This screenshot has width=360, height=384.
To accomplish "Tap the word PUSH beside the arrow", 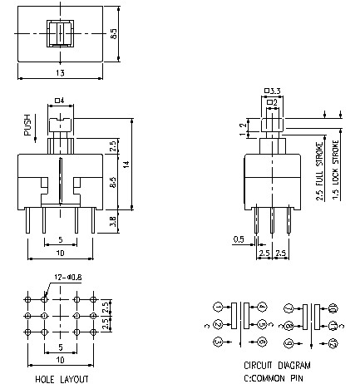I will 27,125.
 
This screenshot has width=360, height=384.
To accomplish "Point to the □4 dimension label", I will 60,101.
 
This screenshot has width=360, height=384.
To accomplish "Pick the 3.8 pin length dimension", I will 112,223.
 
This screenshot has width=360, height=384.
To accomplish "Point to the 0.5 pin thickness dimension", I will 238,240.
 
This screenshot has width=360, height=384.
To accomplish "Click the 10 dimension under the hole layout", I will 62,360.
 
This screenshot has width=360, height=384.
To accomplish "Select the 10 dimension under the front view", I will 60,251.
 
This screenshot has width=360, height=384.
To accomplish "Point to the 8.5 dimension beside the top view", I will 125,35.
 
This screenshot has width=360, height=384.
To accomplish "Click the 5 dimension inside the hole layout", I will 62,347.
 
